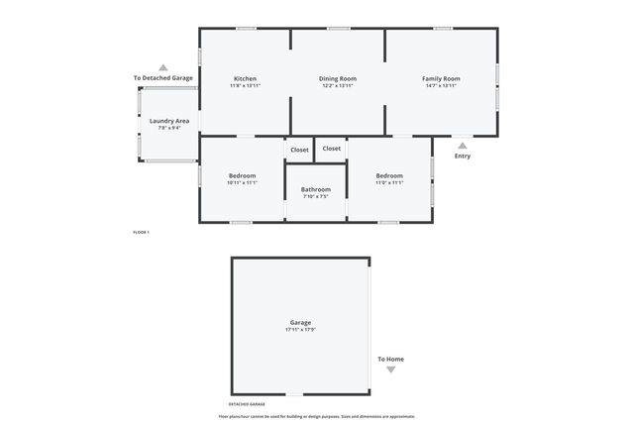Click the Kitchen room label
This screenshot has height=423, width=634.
[245, 78]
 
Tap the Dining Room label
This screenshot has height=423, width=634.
[338, 78]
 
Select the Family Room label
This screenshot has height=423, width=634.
[441, 78]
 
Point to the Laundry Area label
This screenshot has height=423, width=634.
[169, 121]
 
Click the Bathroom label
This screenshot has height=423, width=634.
[316, 189]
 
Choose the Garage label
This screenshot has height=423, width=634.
[300, 322]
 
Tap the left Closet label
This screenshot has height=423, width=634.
[299, 149]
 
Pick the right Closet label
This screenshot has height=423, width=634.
[332, 149]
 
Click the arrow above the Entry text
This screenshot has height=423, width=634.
[462, 145]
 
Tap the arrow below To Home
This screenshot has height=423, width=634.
[390, 370]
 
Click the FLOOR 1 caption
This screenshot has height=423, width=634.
[141, 232]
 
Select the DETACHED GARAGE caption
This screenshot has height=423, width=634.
[247, 404]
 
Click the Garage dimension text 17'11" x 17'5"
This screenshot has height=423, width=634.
[300, 330]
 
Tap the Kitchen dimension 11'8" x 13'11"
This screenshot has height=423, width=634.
[245, 86]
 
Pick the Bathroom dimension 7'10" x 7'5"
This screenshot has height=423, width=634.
[316, 197]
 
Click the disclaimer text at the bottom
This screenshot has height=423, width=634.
[317, 416]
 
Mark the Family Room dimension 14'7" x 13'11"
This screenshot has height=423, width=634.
[441, 86]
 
